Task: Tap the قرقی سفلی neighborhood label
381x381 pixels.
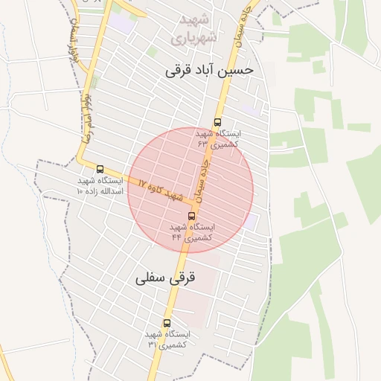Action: click(165, 278)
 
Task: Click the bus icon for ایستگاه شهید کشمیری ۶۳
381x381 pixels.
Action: click(217, 122)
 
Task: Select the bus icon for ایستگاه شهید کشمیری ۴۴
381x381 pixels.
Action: click(191, 216)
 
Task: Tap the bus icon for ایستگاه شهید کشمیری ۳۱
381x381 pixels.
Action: click(166, 324)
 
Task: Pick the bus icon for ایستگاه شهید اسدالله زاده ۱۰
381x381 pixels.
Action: click(100, 169)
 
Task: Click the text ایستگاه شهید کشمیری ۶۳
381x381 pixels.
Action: click(217, 138)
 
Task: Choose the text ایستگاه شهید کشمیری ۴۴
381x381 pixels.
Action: click(191, 231)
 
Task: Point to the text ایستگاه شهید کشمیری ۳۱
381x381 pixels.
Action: click(167, 339)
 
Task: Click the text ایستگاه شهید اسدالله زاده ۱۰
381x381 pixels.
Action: click(100, 185)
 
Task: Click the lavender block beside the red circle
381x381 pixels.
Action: click(252, 221)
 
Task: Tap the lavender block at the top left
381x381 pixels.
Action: click(124, 24)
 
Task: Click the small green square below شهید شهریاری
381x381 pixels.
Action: click(152, 51)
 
